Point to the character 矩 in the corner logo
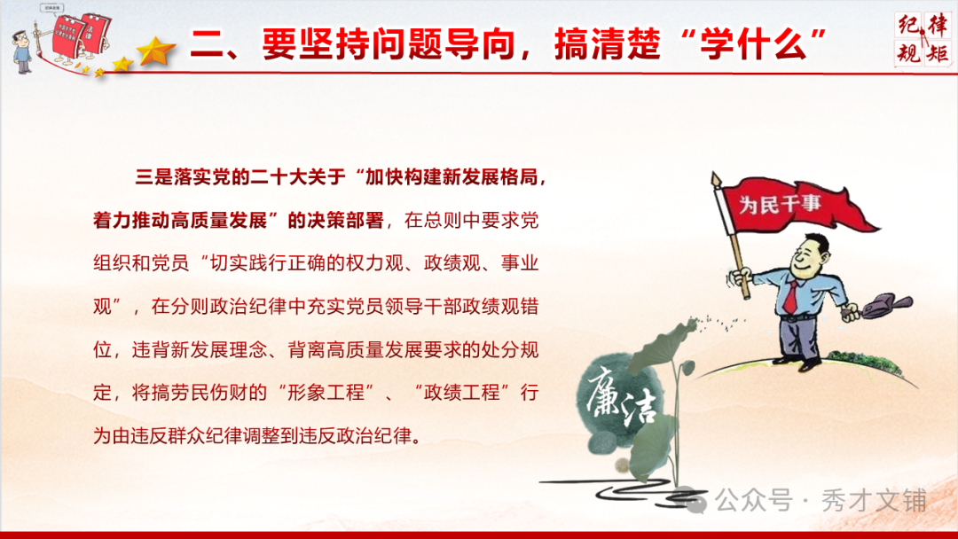pos(938,52)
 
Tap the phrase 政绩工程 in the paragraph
pos(467,393)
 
